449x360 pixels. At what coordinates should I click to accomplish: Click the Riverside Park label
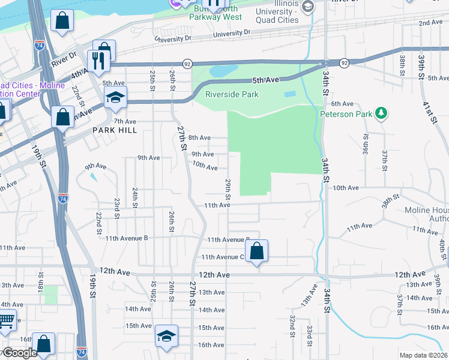pos(232,94)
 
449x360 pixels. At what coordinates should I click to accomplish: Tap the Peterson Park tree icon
pos(379,113)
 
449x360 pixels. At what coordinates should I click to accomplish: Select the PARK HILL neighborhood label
pos(115,130)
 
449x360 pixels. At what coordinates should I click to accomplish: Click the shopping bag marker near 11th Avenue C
pos(256,251)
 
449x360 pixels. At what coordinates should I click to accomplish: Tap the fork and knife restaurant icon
pos(97,60)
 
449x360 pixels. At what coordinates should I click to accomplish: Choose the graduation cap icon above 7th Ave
pos(115,96)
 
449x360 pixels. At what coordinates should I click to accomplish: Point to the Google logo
pos(19,353)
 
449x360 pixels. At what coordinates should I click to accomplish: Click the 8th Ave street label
pos(200,137)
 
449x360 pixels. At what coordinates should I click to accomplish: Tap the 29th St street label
pos(228,188)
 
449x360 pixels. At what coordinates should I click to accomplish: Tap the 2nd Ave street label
pos(430,22)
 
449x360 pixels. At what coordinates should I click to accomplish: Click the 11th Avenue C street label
pos(223,257)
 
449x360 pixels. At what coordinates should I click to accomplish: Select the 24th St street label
pos(136,197)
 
